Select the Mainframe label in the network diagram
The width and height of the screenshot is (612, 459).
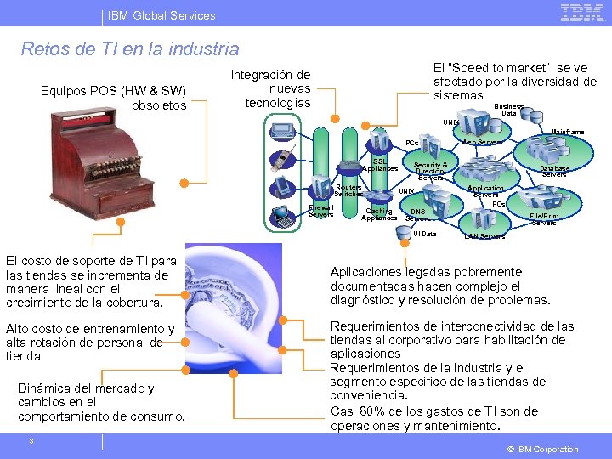[x=567, y=133]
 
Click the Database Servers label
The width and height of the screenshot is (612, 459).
[x=554, y=172]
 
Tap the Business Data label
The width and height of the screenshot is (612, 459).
[x=509, y=110]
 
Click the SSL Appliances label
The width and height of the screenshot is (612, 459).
[x=380, y=165]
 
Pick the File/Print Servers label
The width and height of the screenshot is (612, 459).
[x=544, y=219]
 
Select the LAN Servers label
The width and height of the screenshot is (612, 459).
[x=484, y=236]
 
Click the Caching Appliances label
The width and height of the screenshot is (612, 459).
[x=378, y=214]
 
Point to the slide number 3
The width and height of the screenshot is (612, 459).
[x=31, y=440]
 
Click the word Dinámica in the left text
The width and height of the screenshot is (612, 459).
[x=48, y=388]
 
